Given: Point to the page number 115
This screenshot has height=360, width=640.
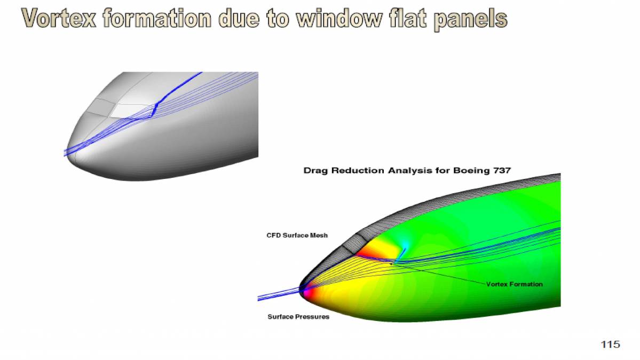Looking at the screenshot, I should point(611,345).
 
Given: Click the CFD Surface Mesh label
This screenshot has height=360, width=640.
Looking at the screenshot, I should point(297,236).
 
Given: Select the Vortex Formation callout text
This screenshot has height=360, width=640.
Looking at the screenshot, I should point(514,284).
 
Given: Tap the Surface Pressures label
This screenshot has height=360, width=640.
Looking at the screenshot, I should point(298,317).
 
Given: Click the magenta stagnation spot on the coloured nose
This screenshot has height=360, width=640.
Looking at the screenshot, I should point(304,292).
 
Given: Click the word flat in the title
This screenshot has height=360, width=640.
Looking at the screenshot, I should point(406,19).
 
